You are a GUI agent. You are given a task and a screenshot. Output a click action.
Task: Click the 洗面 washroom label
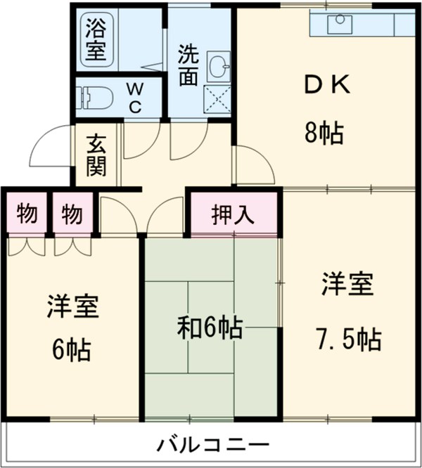[x=187, y=65]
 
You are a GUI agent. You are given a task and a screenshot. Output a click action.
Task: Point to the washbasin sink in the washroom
[x=220, y=69]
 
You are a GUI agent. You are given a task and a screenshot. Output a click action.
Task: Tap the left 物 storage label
[x=27, y=213]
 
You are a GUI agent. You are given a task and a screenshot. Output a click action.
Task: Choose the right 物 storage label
[x=72, y=213]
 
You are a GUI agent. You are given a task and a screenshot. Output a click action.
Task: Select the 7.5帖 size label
[x=347, y=339]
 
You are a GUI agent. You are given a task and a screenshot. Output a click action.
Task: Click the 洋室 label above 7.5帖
[x=347, y=285]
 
